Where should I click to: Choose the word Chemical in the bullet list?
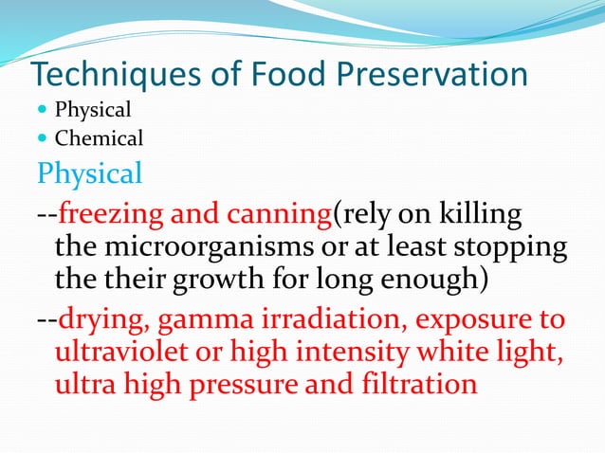(x=99, y=139)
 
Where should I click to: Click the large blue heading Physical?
(x=89, y=173)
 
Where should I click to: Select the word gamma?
(x=196, y=320)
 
